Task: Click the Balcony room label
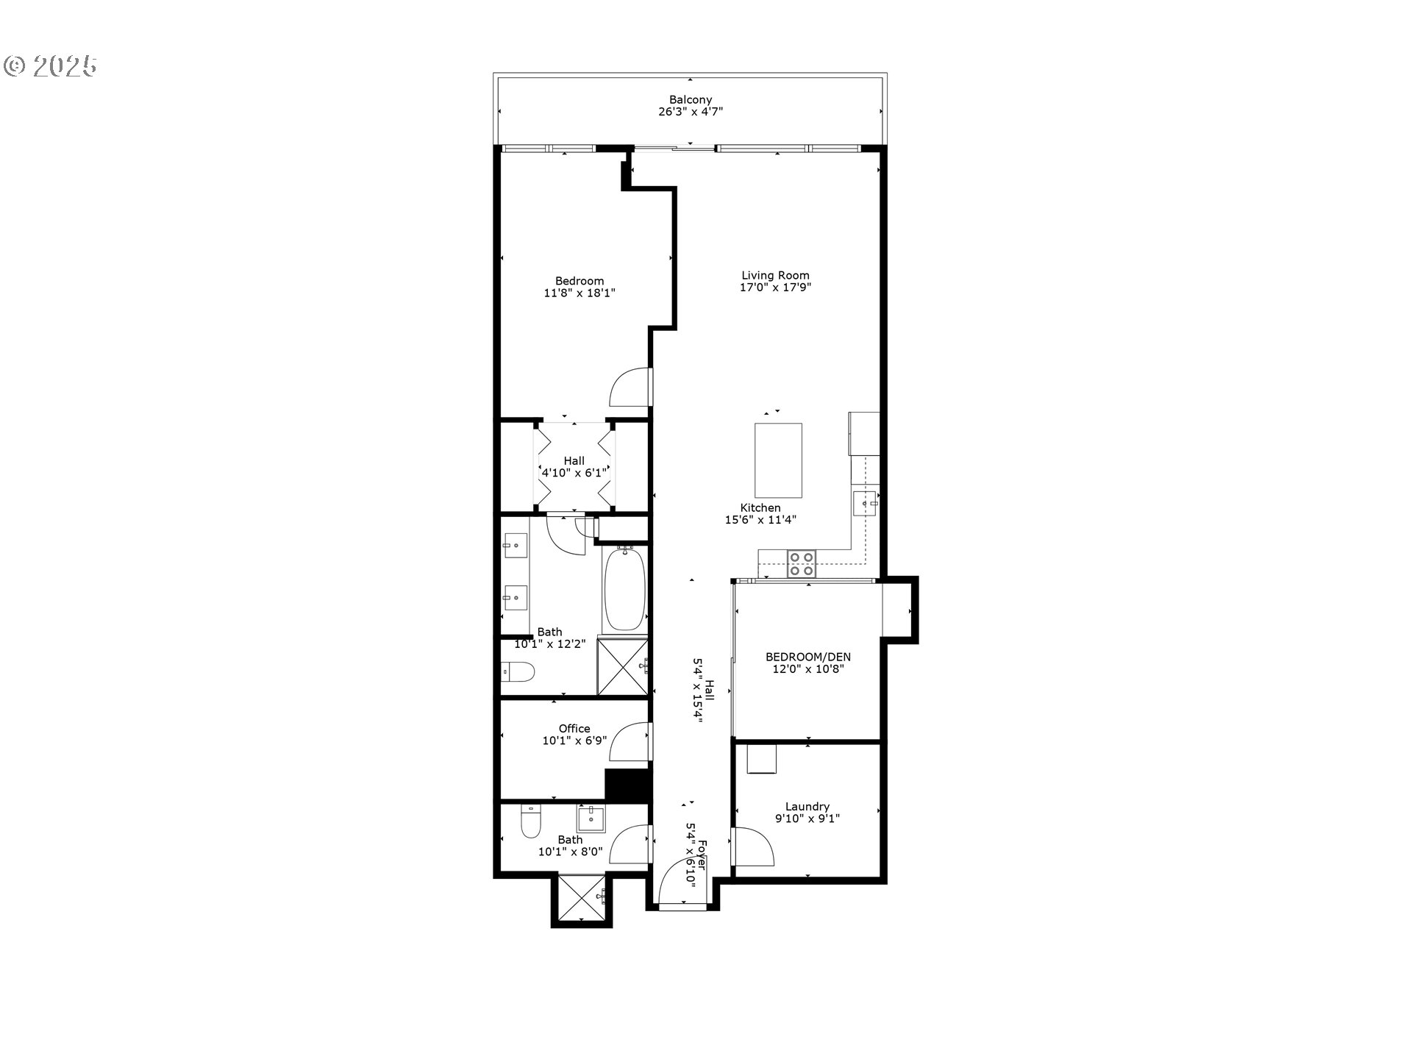[690, 100]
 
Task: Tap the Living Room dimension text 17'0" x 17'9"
[775, 288]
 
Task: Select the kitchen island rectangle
[778, 460]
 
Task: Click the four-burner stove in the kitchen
[802, 563]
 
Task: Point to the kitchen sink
[865, 504]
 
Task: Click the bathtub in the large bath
[624, 590]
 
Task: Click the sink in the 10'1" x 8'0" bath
[591, 819]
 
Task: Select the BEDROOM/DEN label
[807, 657]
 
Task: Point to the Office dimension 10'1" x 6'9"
[574, 741]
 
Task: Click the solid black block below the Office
[627, 785]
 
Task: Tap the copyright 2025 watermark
[51, 66]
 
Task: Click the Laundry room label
[807, 806]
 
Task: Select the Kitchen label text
[760, 507]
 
